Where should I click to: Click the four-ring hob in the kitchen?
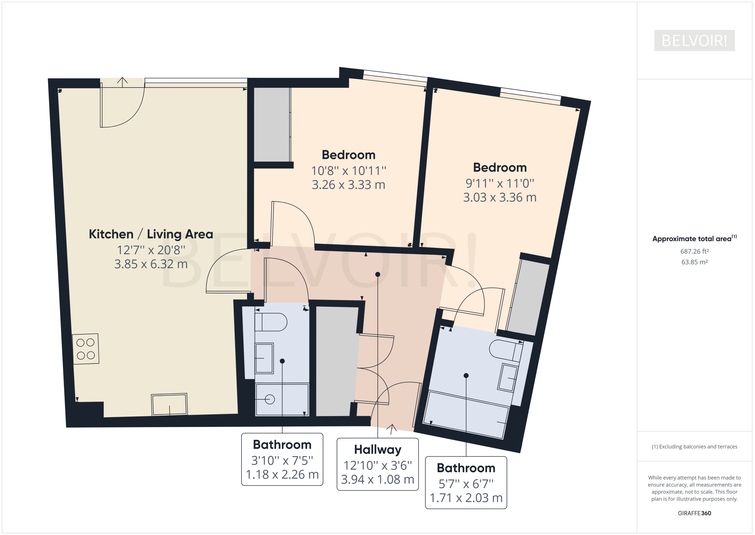86,349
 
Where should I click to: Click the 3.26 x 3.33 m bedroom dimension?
348,185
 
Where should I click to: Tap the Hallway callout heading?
377,450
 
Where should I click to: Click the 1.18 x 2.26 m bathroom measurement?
282,474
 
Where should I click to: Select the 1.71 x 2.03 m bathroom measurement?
466,498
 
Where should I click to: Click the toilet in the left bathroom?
271,322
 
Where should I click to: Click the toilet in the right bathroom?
505,350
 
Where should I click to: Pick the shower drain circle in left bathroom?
270,400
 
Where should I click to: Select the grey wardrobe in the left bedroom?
272,125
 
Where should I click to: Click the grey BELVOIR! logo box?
694,41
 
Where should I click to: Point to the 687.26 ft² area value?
694,251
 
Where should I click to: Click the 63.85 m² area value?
694,262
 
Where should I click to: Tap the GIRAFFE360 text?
694,513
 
